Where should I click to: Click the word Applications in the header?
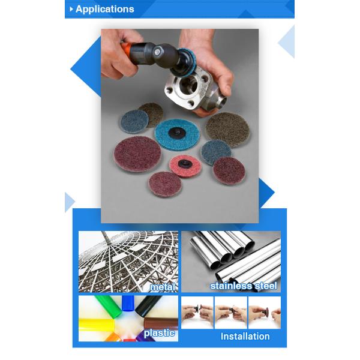(105, 9)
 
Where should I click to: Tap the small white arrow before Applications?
(71, 9)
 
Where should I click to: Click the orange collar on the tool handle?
(125, 47)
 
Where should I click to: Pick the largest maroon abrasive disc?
(137, 153)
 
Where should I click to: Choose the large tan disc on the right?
(226, 126)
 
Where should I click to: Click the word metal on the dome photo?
(163, 287)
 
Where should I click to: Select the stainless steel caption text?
(243, 286)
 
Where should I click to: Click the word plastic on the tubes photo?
(159, 332)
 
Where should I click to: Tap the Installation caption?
(245, 336)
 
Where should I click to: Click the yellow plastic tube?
(96, 325)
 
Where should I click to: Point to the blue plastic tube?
(128, 303)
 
